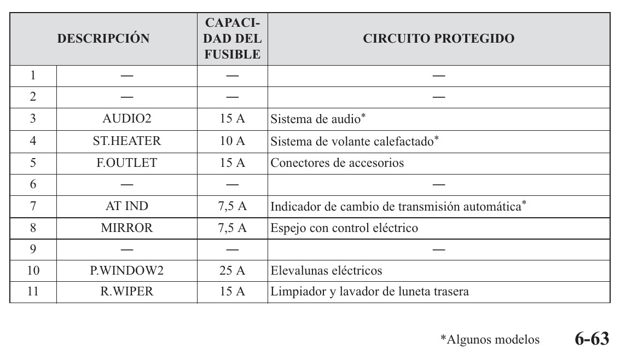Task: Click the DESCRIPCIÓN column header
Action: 103,39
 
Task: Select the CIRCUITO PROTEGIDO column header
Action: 438,39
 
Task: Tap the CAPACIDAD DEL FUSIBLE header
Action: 233,39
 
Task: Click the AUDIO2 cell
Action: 127,119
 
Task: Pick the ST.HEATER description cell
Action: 127,141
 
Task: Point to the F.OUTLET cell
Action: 127,163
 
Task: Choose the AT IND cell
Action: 127,207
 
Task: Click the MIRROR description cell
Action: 127,229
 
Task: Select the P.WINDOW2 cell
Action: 127,270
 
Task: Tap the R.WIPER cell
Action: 127,292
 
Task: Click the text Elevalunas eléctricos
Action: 327,270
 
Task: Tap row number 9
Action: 33,249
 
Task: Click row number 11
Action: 33,292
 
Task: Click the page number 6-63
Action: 592,339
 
